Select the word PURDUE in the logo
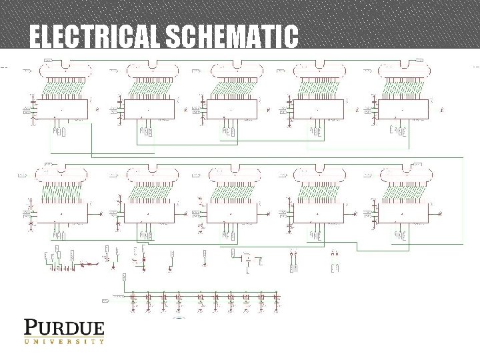[x=64, y=328]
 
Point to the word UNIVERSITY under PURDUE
[x=64, y=341]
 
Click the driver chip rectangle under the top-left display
[x=61, y=109]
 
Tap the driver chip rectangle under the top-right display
[x=404, y=109]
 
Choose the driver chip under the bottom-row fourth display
[x=319, y=213]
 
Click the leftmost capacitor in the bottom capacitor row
[x=133, y=297]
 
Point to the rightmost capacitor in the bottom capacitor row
[x=276, y=297]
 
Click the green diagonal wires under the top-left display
[x=62, y=89]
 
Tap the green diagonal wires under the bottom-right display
[x=405, y=193]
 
